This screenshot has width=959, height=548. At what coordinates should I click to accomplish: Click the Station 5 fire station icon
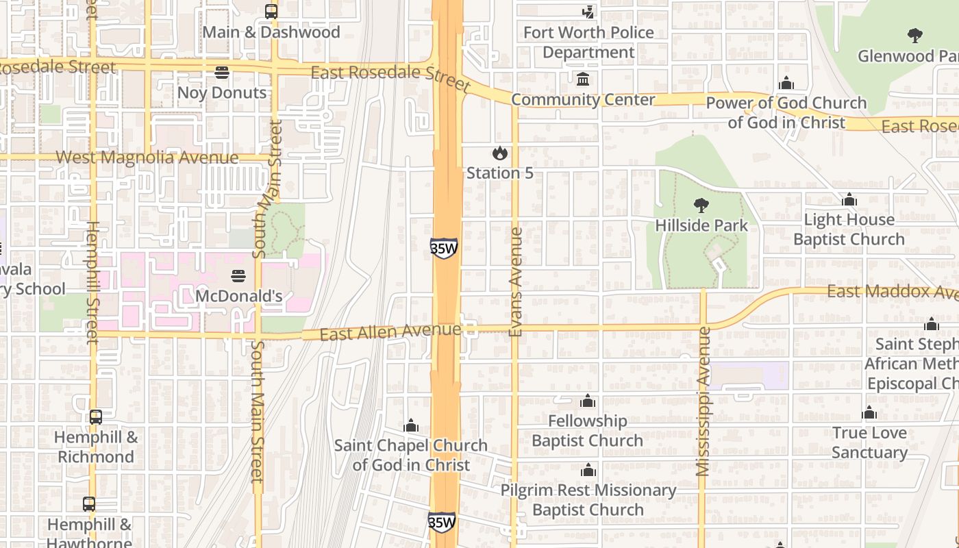pos(500,153)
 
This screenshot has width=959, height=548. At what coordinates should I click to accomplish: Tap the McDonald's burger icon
pos(238,276)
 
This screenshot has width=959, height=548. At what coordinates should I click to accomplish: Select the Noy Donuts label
pos(221,92)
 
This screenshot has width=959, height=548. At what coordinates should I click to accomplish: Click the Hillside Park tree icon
pos(701,205)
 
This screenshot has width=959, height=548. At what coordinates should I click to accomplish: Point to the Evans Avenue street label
pos(516,282)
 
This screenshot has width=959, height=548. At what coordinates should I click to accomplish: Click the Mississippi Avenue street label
pos(703,401)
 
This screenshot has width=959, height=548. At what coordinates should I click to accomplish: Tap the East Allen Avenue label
pos(390,332)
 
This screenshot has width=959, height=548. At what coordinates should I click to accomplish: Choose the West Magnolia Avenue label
pos(147,158)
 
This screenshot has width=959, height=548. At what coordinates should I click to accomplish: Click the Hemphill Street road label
pos(92,282)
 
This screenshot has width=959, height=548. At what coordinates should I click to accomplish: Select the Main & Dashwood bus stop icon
pos(271,12)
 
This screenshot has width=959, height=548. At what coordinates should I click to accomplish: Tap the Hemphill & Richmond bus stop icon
pos(96,416)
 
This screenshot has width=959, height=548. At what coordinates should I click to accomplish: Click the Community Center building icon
pos(583,79)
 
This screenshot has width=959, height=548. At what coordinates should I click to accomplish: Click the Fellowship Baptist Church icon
pos(588,401)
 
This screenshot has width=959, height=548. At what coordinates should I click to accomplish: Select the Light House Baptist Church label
pos(849,229)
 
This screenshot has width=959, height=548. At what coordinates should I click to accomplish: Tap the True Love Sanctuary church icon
pos(869,413)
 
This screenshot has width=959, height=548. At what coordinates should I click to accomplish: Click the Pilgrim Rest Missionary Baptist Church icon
pos(588,471)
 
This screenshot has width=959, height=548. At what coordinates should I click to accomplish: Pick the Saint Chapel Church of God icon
pos(411,426)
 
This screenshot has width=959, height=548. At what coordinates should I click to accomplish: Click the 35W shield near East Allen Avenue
pos(444,248)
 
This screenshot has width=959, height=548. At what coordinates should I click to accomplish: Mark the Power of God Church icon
pos(786,83)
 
